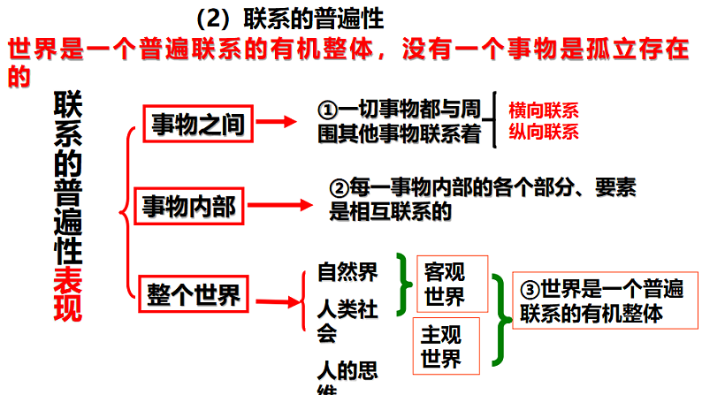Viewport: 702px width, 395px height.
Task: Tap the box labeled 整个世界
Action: (195, 294)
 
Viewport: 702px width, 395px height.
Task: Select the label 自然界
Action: (347, 271)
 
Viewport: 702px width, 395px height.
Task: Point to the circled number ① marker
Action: (327, 110)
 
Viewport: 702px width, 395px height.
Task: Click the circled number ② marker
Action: (340, 188)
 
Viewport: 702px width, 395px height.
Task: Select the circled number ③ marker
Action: (529, 289)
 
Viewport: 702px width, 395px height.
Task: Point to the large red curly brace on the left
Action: (128, 209)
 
